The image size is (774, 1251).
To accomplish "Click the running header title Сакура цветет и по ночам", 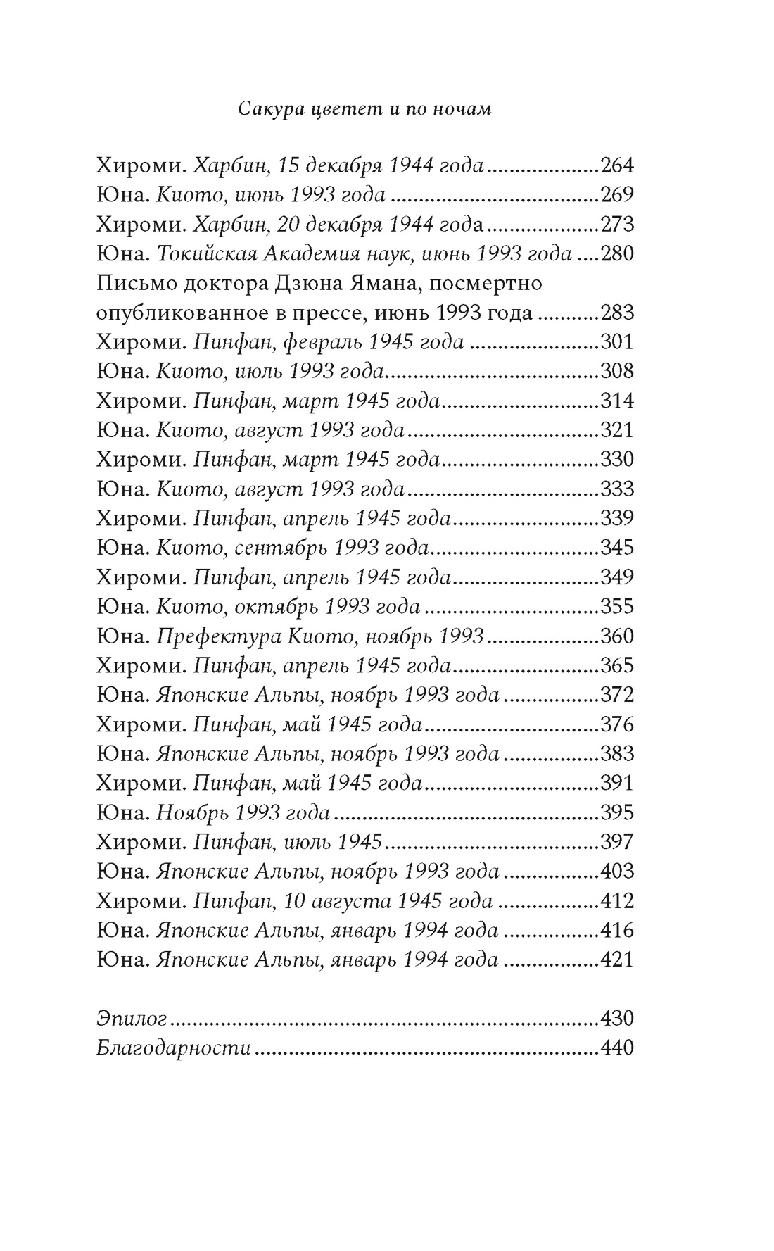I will coord(364,110).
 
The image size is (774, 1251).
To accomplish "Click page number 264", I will coord(617,165).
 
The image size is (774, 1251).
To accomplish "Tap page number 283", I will coord(617,313).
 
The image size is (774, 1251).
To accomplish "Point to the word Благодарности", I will coord(174,1048).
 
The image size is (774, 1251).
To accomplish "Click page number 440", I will coord(617,1048).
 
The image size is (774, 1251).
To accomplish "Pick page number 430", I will coord(617,1019).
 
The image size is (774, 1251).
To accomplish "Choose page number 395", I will coord(617,813).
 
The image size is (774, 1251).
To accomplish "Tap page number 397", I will coord(617,842).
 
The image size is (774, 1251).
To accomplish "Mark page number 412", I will coord(617,901).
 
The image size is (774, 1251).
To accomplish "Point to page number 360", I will coord(617,636).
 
